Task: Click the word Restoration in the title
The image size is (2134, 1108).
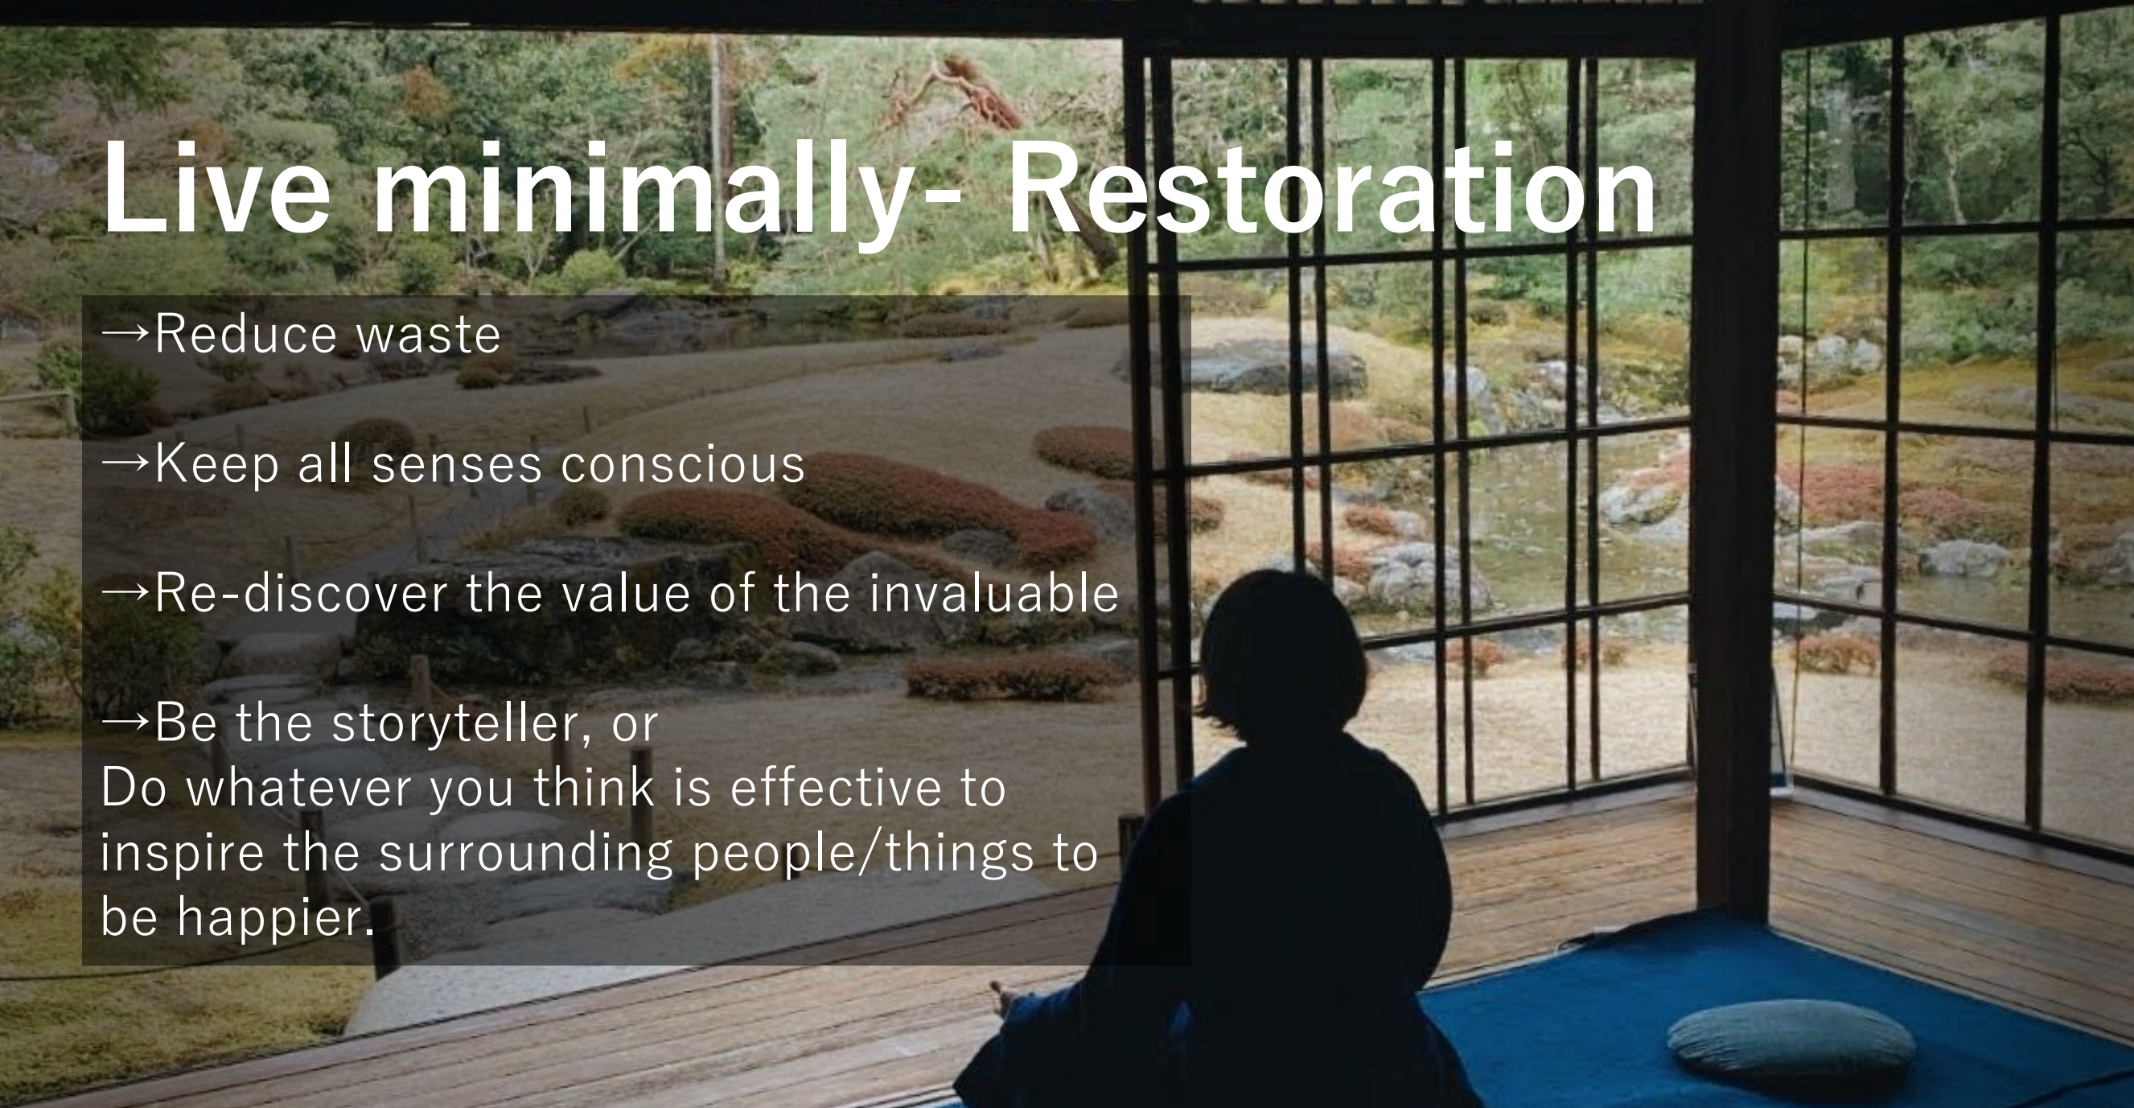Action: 1331,188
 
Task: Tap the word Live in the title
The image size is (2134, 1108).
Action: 216,188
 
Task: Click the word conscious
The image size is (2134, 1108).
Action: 683,464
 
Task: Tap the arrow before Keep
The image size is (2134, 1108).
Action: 126,463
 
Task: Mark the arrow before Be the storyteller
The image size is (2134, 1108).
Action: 126,722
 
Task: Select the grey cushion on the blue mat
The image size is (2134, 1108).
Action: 1792,1037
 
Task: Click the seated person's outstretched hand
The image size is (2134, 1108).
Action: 1005,998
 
